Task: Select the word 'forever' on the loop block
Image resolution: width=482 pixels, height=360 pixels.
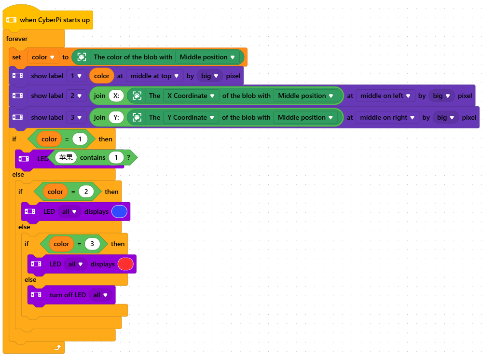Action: (x=17, y=39)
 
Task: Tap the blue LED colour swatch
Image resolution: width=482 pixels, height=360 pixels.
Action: (x=120, y=211)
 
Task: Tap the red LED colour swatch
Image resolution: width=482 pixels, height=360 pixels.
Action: (x=126, y=264)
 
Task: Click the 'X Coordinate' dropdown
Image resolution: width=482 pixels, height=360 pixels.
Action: (x=191, y=96)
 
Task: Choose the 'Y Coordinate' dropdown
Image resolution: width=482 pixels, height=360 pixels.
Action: (x=191, y=117)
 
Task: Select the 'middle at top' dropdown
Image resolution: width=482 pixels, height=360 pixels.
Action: (x=154, y=76)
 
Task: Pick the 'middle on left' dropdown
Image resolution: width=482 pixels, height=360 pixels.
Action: (x=385, y=96)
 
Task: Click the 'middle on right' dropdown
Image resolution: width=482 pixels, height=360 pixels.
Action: (x=387, y=117)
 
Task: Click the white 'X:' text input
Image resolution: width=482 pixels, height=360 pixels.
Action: (x=116, y=96)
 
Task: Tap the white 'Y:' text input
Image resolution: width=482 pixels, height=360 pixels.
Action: (x=116, y=117)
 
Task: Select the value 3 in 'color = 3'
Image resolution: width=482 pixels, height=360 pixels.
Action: (x=92, y=244)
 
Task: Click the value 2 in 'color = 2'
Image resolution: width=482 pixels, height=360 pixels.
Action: (x=86, y=192)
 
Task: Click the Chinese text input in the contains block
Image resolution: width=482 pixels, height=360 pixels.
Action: (x=66, y=157)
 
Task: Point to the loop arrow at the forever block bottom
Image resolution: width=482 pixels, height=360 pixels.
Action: (x=57, y=348)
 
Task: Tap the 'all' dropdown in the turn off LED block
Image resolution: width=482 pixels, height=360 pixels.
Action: (x=100, y=295)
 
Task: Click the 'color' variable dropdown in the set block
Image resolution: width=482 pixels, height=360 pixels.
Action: (x=43, y=57)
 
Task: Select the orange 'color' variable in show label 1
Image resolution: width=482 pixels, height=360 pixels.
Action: (x=102, y=76)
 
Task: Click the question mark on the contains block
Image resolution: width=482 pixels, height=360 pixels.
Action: (x=128, y=157)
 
